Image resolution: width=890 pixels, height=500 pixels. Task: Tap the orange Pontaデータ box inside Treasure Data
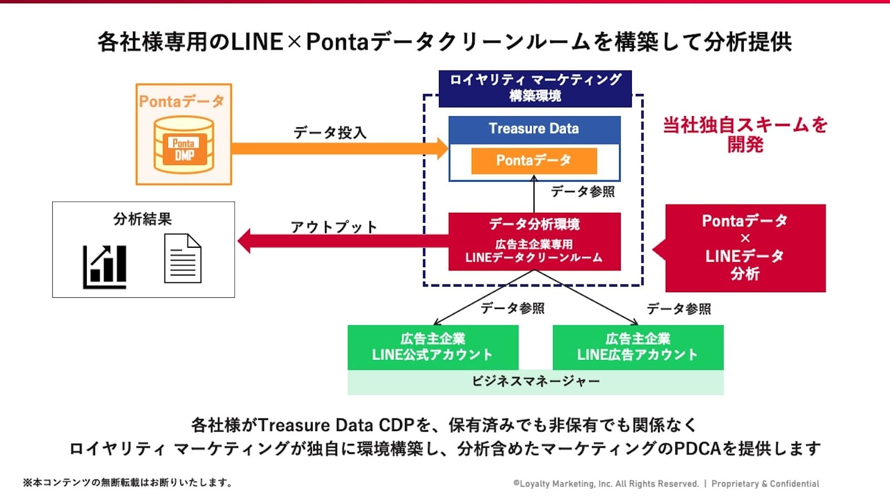tap(534, 161)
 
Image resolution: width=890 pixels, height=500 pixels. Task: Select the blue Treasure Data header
tap(534, 129)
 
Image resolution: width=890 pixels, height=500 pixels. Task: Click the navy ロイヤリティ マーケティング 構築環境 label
tap(535, 88)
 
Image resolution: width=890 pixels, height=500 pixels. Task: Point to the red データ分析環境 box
tap(534, 241)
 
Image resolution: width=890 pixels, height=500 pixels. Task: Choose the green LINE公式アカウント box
tap(433, 347)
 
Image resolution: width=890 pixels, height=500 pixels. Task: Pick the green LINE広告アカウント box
tap(637, 347)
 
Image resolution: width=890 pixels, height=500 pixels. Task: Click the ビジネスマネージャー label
tap(535, 382)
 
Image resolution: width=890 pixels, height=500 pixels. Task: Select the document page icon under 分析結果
tap(182, 258)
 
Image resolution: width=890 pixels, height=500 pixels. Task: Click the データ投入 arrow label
tap(330, 133)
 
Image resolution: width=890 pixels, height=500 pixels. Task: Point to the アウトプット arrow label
tap(334, 227)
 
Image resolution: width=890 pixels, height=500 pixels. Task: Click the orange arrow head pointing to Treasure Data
tap(442, 148)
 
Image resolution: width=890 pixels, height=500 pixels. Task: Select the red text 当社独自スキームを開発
tap(745, 134)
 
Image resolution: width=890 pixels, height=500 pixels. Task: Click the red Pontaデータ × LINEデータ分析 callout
tap(745, 248)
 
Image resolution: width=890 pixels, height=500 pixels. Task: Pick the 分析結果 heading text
tap(142, 219)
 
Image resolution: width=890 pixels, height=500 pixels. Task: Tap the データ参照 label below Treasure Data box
tap(582, 192)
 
